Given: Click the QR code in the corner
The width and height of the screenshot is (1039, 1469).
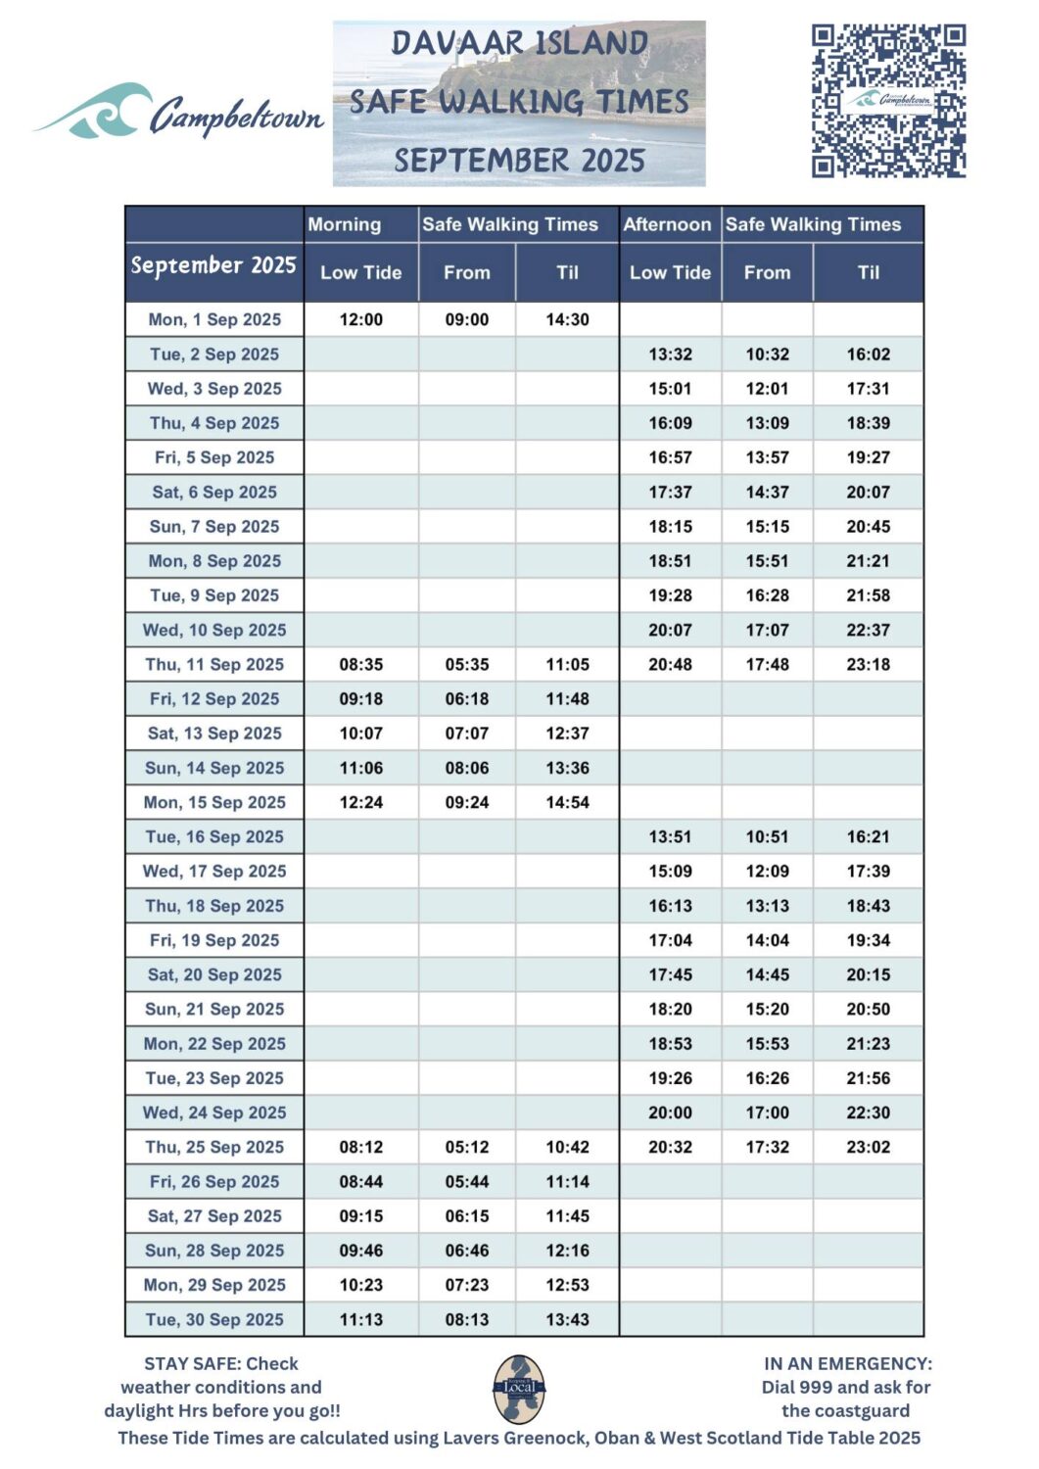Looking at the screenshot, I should coord(888,101).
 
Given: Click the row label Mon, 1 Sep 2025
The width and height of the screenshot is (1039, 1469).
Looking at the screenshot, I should coord(214,319).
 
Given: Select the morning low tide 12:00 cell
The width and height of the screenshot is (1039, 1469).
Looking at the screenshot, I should coord(360,319).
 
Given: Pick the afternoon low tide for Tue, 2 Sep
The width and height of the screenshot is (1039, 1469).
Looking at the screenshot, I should coord(670,355).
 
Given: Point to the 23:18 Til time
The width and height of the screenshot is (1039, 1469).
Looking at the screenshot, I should coord(868,664).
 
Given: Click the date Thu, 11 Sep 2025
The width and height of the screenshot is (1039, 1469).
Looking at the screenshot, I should coord(214,664).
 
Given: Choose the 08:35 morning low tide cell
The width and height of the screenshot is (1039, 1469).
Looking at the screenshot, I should coord(360,664).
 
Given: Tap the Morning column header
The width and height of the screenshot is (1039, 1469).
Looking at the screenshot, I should coord(344,224).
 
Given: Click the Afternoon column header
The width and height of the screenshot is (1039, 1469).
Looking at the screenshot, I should coord(667,224).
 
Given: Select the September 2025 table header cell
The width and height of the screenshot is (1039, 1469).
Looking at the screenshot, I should coord(213,265).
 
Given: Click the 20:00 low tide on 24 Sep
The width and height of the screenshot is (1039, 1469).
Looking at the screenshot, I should coord(670,1113).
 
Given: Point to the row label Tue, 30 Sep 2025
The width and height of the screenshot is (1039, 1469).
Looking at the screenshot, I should coord(214,1319).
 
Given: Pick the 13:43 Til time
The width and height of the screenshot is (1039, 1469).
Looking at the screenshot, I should coord(567,1319).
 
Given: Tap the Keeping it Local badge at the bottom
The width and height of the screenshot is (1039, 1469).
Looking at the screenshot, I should coord(519,1389).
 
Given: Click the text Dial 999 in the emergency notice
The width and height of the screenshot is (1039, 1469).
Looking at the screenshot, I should coord(794,1387).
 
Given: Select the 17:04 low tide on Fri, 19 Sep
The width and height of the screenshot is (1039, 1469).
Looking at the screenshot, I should coord(670,940).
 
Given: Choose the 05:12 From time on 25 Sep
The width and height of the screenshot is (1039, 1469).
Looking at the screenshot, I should coord(466,1147).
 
